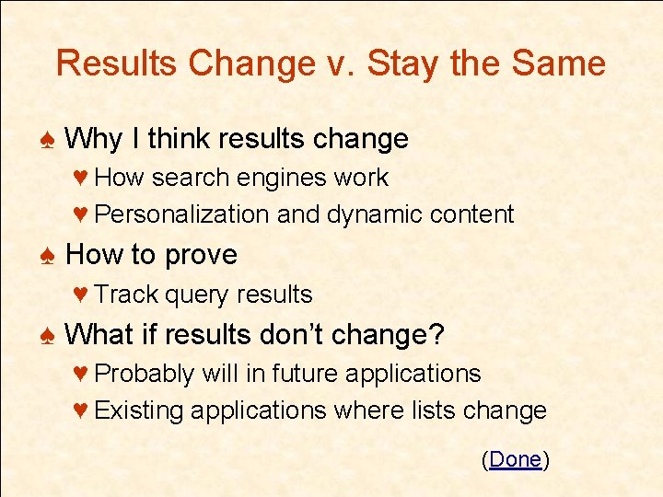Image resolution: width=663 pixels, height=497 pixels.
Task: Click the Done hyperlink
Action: pyautogui.click(x=516, y=459)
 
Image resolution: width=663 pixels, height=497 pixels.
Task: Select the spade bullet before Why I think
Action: pyautogui.click(x=49, y=140)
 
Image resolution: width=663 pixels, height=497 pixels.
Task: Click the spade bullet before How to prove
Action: pyautogui.click(x=49, y=256)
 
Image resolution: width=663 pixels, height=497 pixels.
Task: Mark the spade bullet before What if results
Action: pyautogui.click(x=49, y=335)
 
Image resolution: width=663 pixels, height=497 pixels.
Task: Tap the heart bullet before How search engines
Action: pyautogui.click(x=80, y=178)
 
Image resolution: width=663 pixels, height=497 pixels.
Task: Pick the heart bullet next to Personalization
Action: pyautogui.click(x=80, y=214)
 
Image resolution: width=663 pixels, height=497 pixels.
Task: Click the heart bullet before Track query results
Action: pyautogui.click(x=80, y=295)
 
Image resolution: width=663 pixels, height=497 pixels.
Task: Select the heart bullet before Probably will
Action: pyautogui.click(x=80, y=374)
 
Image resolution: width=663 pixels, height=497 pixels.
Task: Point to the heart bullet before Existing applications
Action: pyautogui.click(x=80, y=410)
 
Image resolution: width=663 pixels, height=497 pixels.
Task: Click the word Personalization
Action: pyautogui.click(x=181, y=214)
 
